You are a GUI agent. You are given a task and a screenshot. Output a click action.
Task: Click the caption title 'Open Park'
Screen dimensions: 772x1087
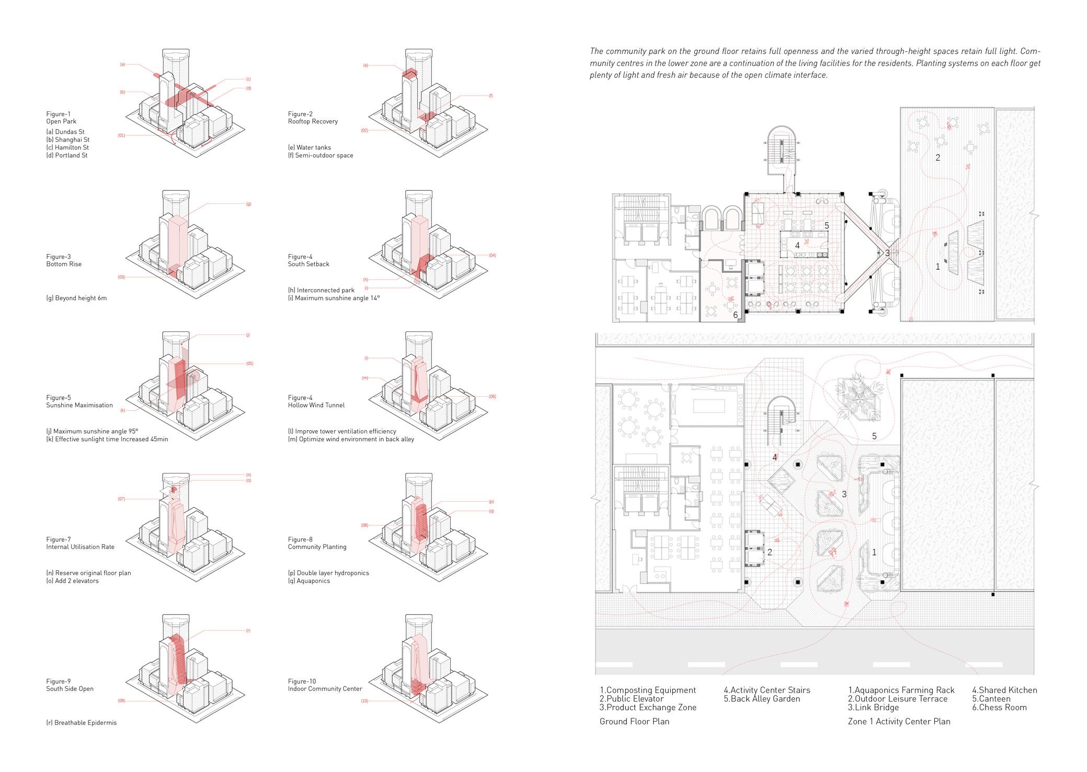(61, 122)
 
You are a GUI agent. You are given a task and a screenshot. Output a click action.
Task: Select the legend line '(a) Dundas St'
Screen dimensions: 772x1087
(65, 132)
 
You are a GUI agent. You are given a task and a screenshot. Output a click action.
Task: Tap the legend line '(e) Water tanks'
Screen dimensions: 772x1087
(310, 147)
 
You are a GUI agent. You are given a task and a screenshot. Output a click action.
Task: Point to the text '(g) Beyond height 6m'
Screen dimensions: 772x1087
(76, 298)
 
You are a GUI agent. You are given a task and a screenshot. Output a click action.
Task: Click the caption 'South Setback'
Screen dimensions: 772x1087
(308, 264)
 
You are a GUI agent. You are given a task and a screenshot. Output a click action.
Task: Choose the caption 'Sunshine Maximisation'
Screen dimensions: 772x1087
(79, 406)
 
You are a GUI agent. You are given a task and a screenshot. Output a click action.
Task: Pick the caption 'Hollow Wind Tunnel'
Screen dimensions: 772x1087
(316, 406)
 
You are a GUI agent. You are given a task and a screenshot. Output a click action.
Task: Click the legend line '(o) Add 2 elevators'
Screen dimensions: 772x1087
(72, 581)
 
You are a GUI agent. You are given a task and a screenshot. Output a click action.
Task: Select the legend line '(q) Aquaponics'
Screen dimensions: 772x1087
(309, 581)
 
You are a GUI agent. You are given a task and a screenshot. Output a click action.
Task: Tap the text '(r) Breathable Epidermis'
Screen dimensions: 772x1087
(82, 723)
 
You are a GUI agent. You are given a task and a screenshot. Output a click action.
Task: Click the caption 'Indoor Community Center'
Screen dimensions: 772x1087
(325, 689)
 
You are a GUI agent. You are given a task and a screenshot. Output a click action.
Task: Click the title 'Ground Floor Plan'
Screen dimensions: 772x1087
(634, 722)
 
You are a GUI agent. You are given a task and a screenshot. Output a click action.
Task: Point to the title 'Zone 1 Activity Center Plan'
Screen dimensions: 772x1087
(899, 722)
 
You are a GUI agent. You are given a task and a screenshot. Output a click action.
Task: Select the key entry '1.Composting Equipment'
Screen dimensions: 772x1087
(648, 690)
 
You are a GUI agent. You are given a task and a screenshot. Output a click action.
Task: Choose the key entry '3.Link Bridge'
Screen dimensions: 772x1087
(873, 708)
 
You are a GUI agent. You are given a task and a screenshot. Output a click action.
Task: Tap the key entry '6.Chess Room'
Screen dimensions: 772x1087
(999, 708)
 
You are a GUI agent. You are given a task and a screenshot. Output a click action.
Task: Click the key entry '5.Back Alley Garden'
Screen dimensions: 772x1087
(762, 699)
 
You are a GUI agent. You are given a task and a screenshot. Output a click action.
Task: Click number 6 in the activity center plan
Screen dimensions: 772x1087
(735, 315)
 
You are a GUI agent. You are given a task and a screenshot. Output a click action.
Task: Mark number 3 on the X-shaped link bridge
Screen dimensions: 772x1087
(887, 253)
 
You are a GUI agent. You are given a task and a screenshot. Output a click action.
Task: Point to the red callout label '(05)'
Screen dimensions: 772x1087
(249, 364)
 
